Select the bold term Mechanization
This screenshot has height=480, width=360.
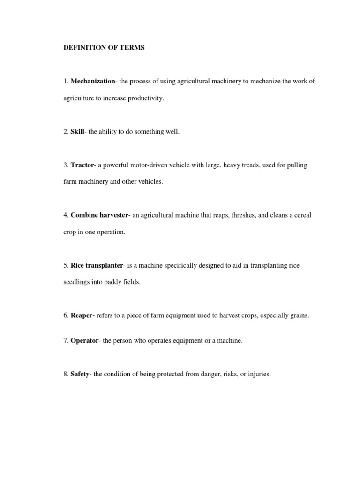point(93,81)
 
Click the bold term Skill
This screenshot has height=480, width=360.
point(77,132)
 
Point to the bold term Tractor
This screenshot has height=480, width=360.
point(82,165)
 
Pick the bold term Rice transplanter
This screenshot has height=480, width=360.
point(97,265)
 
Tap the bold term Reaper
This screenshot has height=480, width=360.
point(82,315)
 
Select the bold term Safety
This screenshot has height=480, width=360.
point(80,375)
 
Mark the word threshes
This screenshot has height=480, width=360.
point(240,215)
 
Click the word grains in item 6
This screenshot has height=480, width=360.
point(299,315)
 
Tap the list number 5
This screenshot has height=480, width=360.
point(66,265)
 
